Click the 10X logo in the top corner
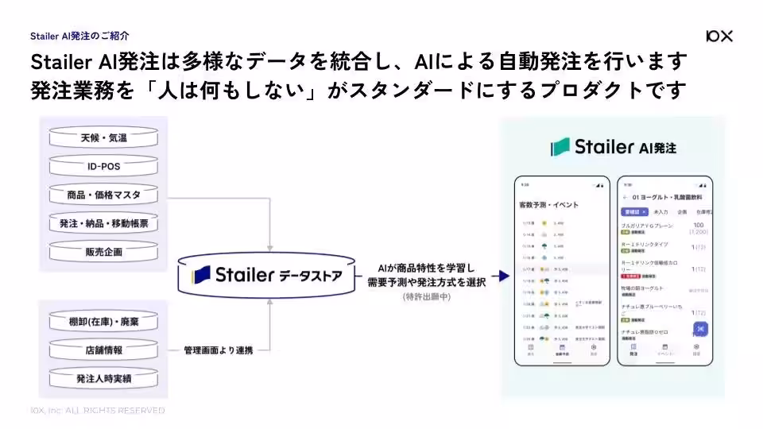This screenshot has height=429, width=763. click(718, 36)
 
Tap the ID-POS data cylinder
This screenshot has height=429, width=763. click(103, 167)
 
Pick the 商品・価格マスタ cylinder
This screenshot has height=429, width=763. click(103, 195)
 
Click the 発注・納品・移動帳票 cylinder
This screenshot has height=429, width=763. click(103, 224)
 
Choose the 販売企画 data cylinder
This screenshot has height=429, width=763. click(103, 252)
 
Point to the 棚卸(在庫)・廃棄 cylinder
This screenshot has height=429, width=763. click(103, 322)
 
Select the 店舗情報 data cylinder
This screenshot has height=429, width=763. click(103, 350)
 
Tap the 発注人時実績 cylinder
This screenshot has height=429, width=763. click(103, 377)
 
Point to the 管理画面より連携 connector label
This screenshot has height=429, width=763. click(219, 350)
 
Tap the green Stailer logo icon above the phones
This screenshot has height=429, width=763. click(562, 147)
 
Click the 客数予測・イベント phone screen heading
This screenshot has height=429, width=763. click(548, 204)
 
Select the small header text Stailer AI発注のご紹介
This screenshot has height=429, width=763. click(79, 36)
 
